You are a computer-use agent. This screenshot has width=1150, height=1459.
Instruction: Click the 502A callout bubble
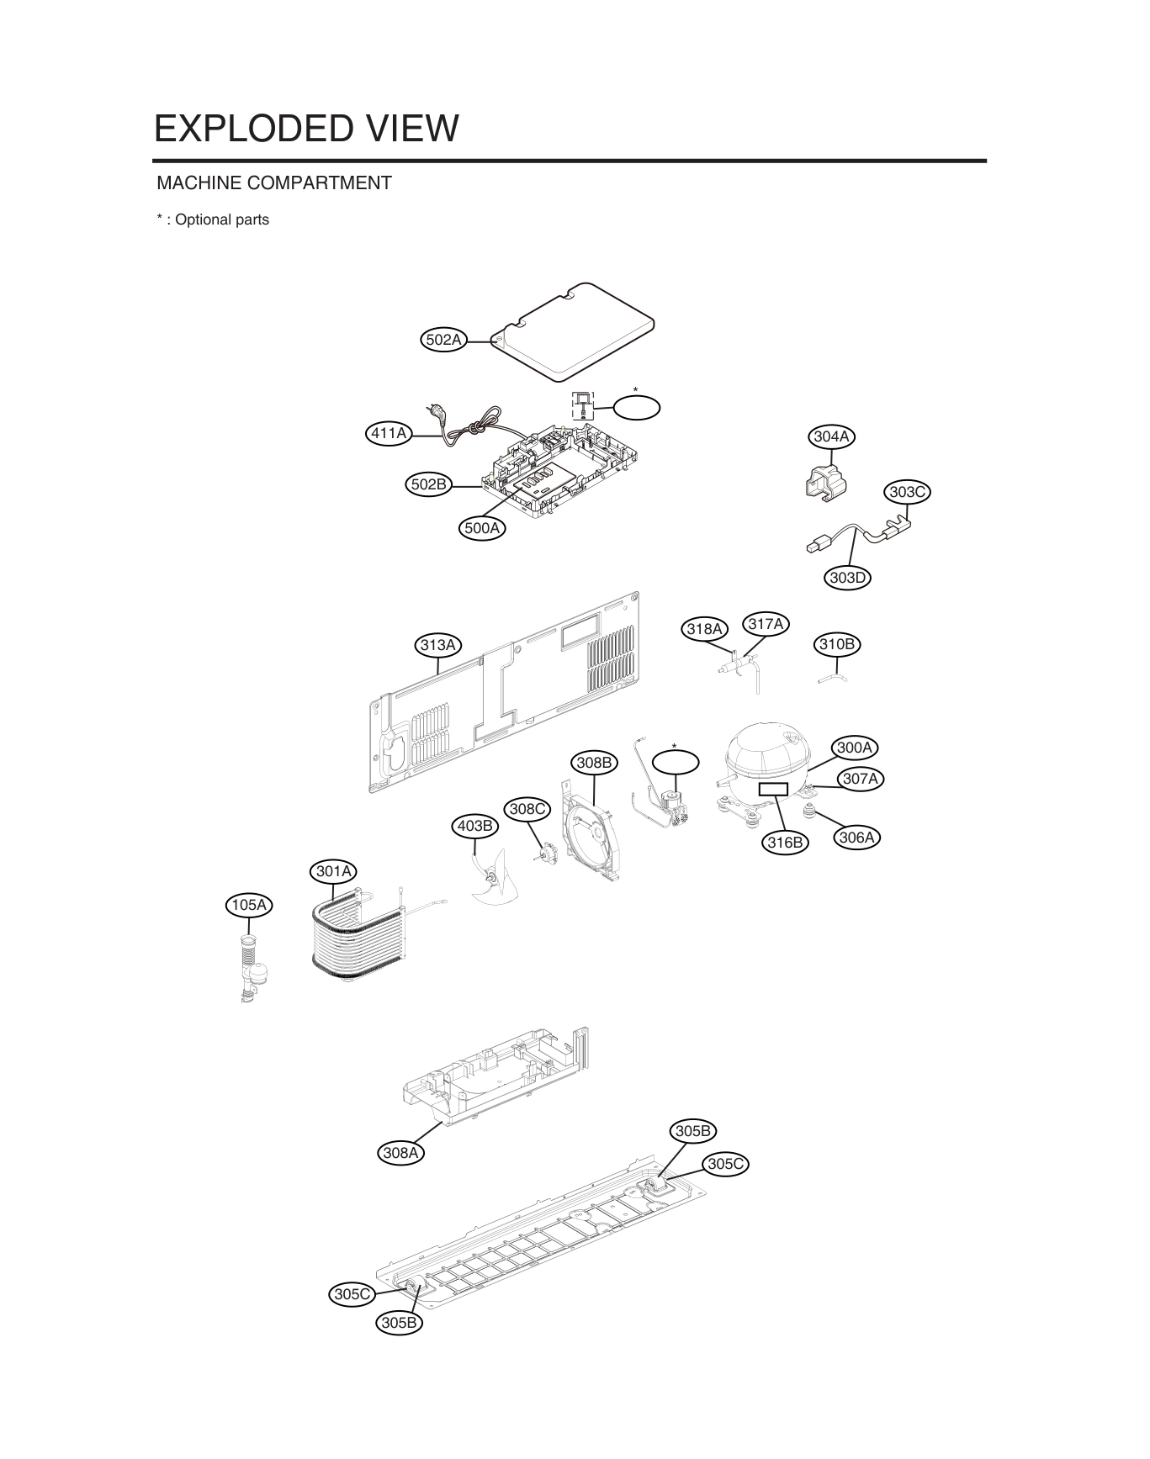pos(443,340)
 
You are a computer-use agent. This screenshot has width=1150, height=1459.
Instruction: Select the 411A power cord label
pos(390,434)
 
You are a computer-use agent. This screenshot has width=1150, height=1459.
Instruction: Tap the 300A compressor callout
pos(855,747)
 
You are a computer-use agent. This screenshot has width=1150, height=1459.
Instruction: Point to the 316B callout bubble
pos(785,843)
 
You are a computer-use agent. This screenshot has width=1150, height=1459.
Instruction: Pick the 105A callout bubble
pos(249,905)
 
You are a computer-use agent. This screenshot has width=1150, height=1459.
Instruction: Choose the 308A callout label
pos(400,1153)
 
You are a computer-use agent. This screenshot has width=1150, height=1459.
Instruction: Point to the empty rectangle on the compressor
pos(773,790)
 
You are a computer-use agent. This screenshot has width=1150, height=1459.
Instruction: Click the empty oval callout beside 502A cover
pos(636,408)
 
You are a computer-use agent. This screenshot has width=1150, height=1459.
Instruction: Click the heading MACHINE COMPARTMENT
pos(274,182)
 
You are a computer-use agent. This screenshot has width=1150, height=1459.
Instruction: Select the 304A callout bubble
pos(831,436)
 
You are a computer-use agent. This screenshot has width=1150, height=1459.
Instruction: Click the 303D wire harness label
pos(847,578)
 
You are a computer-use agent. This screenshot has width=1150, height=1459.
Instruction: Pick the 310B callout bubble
pos(837,645)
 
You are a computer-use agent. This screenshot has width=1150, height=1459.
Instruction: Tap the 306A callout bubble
pos(857,838)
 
